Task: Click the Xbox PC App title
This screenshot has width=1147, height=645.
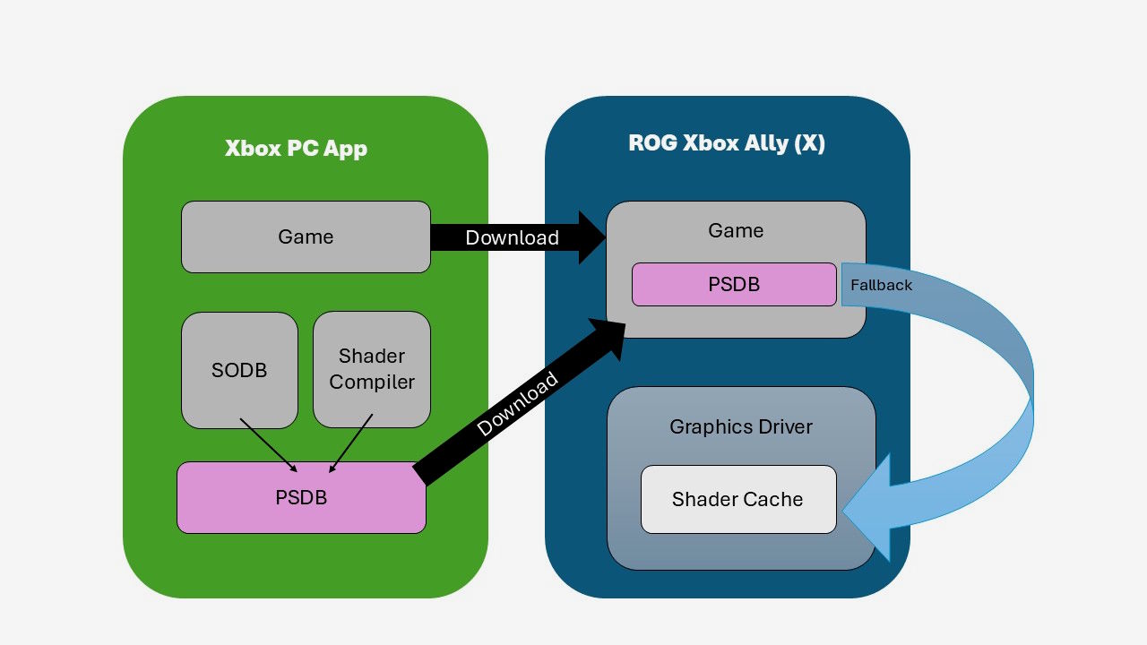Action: point(296,149)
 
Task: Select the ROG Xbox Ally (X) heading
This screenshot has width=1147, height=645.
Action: point(726,143)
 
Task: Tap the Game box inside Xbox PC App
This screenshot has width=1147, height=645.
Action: point(306,236)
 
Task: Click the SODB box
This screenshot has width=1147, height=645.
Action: point(239,369)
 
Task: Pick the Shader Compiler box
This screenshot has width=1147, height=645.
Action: point(372,369)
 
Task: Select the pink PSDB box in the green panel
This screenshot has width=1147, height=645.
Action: point(301,497)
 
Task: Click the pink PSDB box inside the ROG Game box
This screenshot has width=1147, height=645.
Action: point(734,284)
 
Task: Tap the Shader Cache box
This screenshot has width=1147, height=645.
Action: point(737,499)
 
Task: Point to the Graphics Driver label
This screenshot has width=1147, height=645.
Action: point(741,426)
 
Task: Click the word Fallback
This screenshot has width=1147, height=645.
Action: point(881,285)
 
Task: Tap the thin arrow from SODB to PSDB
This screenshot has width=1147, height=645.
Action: point(268,444)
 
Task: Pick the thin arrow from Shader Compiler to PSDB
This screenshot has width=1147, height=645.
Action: point(351,443)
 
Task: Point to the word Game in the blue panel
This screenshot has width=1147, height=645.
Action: point(736,230)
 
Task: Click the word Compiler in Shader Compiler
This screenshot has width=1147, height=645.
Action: point(372,382)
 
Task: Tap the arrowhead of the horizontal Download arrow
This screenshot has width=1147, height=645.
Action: point(591,237)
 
